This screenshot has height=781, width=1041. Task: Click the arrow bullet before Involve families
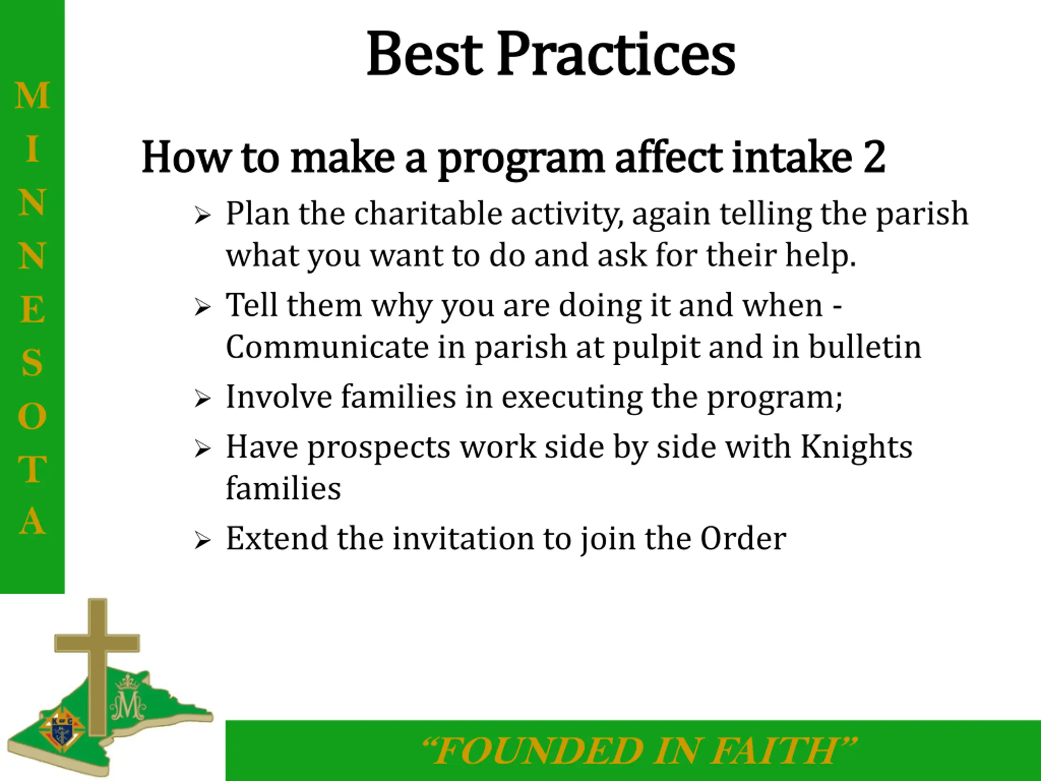coord(203,399)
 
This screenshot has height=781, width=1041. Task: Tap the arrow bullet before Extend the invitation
coord(203,541)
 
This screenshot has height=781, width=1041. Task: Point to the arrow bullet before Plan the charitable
coord(203,216)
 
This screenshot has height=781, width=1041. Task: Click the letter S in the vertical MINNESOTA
coord(33,362)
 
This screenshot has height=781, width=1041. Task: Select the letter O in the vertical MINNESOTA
coord(33,416)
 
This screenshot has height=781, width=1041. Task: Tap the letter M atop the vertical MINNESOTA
coord(33,96)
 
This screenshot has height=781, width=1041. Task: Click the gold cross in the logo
coord(98,659)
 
